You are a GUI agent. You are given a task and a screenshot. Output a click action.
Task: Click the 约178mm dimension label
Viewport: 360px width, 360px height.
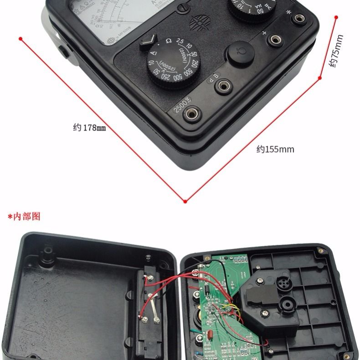(x=89, y=128)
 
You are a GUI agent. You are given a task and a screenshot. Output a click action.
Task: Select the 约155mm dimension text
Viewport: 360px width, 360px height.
(x=275, y=149)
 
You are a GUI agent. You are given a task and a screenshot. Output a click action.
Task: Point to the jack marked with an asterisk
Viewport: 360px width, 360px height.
(x=299, y=19)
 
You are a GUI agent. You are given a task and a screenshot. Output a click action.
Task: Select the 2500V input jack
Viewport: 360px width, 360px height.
(x=191, y=112)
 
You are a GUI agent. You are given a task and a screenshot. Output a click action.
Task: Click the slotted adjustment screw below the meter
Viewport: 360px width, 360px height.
(x=184, y=7)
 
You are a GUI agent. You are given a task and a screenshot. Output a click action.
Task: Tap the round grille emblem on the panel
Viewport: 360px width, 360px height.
(x=199, y=21)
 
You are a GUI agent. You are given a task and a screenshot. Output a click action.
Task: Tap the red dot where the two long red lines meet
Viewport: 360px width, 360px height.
(x=185, y=201)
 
